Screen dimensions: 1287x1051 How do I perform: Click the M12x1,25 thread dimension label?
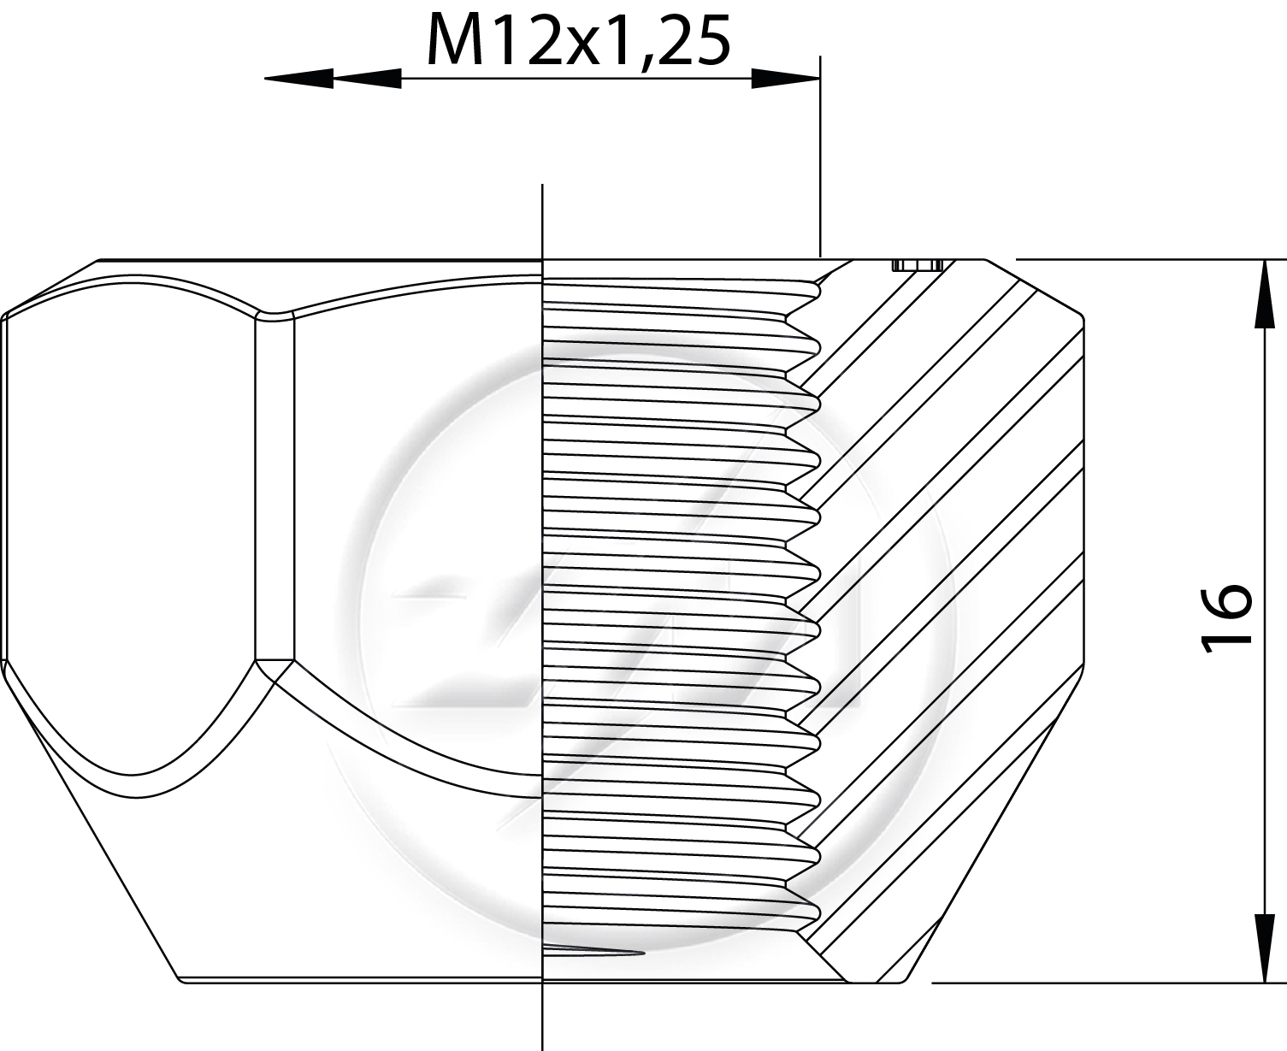pyautogui.click(x=578, y=41)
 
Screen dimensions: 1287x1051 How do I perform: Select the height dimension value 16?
pyautogui.click(x=1225, y=619)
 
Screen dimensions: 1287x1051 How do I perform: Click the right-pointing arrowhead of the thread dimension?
pyautogui.click(x=785, y=78)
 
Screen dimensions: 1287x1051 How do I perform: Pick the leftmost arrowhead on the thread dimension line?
pyautogui.click(x=299, y=78)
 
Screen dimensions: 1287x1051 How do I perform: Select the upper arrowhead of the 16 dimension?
pyautogui.click(x=1266, y=294)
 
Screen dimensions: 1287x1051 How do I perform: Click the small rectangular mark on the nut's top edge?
pyautogui.click(x=918, y=265)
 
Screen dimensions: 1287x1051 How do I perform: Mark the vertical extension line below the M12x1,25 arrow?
pyautogui.click(x=820, y=156)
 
